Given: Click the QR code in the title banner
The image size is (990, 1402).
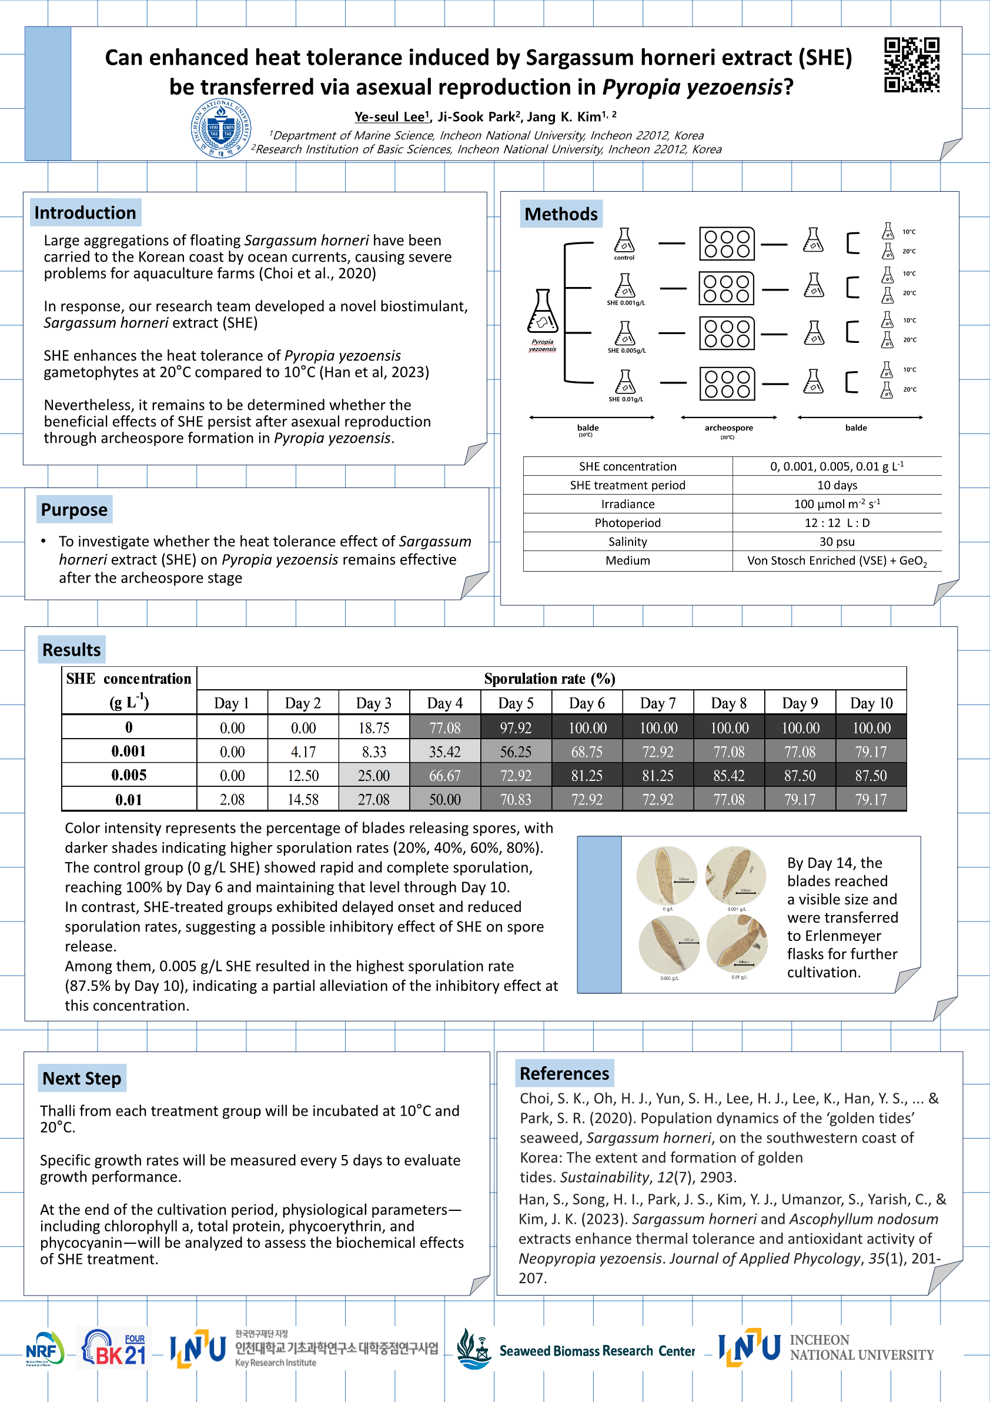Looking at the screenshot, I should (x=911, y=65).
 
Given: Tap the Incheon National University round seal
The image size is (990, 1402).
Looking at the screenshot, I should (x=221, y=128).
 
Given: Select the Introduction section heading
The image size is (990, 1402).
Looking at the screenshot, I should (x=85, y=212).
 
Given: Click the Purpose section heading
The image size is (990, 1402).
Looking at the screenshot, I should (x=74, y=509).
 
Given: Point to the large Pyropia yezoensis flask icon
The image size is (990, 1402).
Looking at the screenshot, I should (x=542, y=311).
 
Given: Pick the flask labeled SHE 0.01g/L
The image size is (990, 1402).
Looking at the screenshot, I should (x=625, y=382).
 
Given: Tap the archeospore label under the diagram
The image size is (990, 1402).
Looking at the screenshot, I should (x=729, y=428).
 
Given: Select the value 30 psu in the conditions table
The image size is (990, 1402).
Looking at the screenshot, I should (x=837, y=542).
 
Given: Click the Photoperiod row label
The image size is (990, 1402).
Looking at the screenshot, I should (x=627, y=523).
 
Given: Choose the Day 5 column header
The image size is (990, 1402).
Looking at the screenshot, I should (x=516, y=703).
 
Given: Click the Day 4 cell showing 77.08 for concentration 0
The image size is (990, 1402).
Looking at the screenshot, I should (x=445, y=727).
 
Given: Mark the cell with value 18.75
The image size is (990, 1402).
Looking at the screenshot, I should (x=374, y=727).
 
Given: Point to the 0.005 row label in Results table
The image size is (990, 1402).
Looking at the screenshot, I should (x=129, y=775).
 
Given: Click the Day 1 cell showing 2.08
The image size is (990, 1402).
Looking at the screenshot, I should (x=232, y=799).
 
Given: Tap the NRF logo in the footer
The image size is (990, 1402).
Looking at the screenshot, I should (x=44, y=1348).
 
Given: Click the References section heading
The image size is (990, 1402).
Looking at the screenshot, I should (x=564, y=1073).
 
